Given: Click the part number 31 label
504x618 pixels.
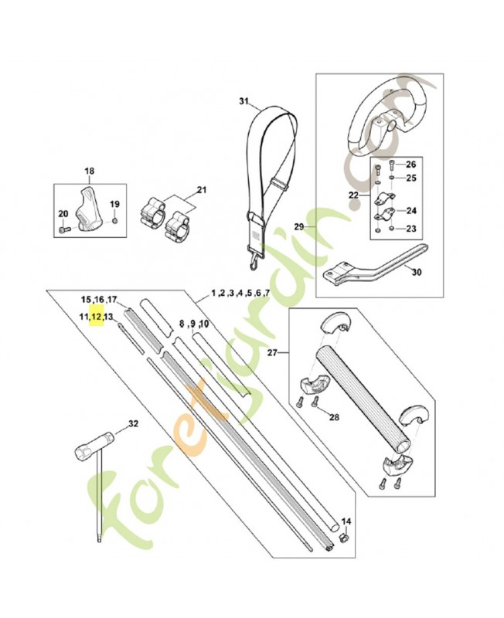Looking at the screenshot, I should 244,101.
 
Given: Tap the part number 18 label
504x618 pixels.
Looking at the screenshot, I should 89,171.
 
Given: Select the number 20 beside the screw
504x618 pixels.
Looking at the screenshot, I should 63,214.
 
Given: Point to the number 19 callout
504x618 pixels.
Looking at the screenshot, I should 114,204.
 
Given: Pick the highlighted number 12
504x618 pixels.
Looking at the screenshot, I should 97,317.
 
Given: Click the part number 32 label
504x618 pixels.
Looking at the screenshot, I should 133,423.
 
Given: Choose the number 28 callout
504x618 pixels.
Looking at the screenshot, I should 333,417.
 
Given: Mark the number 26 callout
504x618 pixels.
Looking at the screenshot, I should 410,165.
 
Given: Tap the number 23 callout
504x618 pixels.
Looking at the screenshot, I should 410,228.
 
